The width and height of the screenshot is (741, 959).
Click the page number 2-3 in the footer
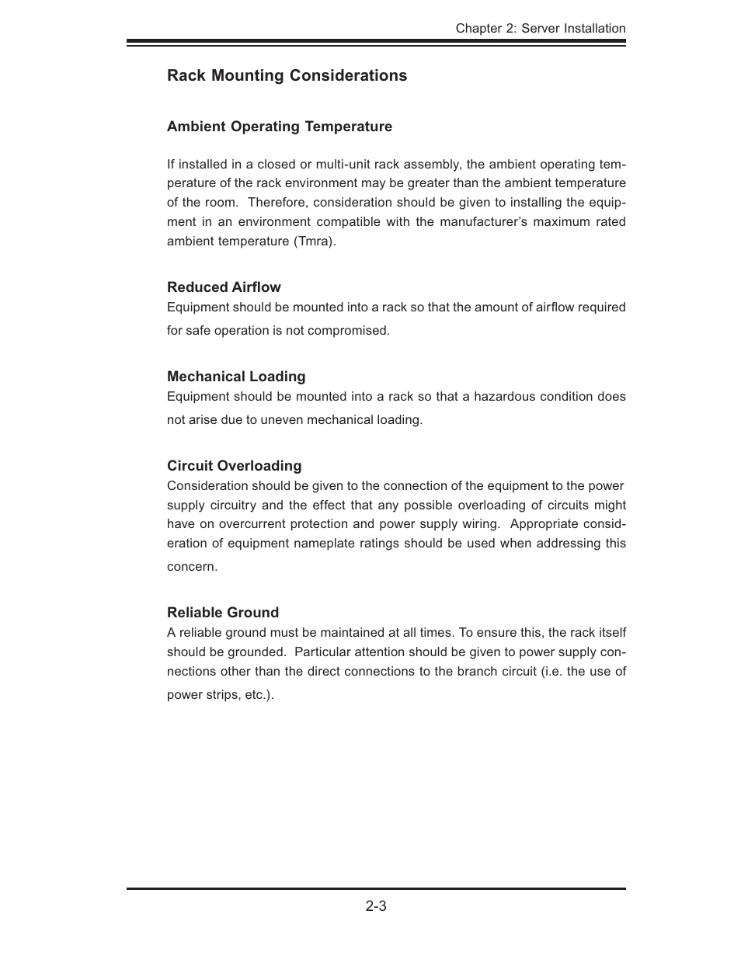[376, 906]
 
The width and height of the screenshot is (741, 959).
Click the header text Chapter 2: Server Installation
[540, 29]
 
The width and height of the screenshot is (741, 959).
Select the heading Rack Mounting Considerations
[287, 75]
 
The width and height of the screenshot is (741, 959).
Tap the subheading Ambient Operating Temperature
[280, 127]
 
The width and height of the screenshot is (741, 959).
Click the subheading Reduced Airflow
[224, 287]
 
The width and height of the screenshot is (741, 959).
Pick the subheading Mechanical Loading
[236, 377]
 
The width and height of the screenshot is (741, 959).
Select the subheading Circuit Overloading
[234, 466]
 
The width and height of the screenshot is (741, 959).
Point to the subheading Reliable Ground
[223, 613]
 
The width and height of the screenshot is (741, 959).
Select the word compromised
[349, 331]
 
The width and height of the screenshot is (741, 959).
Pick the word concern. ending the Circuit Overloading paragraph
[192, 567]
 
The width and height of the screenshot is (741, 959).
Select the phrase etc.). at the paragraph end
[259, 695]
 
